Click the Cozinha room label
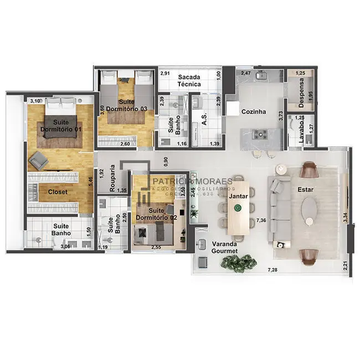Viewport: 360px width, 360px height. coord(253,112)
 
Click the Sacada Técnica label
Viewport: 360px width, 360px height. coord(189,80)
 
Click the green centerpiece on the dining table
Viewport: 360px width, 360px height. coord(238,208)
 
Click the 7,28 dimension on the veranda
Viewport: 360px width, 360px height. coord(272,270)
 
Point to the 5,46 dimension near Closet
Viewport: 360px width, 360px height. coord(90,181)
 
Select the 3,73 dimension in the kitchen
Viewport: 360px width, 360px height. coord(281,116)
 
